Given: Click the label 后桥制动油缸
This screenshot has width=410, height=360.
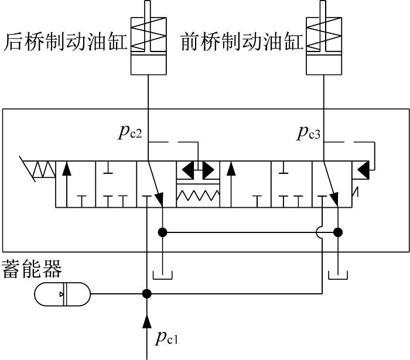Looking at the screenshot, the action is (x=66, y=42).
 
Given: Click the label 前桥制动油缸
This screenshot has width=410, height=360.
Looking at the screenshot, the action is (x=242, y=42).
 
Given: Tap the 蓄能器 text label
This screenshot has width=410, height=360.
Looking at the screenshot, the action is (x=32, y=269).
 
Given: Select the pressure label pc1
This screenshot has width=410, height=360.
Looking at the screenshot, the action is (x=167, y=337).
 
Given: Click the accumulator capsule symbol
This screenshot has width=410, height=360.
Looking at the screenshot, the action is (x=63, y=294).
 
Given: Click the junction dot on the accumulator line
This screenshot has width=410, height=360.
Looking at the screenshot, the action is (x=147, y=294).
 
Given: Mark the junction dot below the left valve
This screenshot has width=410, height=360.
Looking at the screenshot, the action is (x=162, y=232).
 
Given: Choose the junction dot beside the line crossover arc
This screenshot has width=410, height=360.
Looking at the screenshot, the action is (x=338, y=232).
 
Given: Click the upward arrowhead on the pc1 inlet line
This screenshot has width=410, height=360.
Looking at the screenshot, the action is (x=147, y=321).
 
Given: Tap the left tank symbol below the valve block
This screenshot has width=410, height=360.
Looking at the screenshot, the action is (x=162, y=275).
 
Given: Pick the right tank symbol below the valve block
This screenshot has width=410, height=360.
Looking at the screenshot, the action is (x=338, y=275).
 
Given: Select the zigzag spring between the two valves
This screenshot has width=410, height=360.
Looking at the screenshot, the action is (x=198, y=196).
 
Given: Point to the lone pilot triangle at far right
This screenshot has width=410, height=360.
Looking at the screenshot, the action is (x=364, y=170).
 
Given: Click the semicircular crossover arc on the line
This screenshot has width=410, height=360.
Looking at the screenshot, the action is (x=319, y=232).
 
